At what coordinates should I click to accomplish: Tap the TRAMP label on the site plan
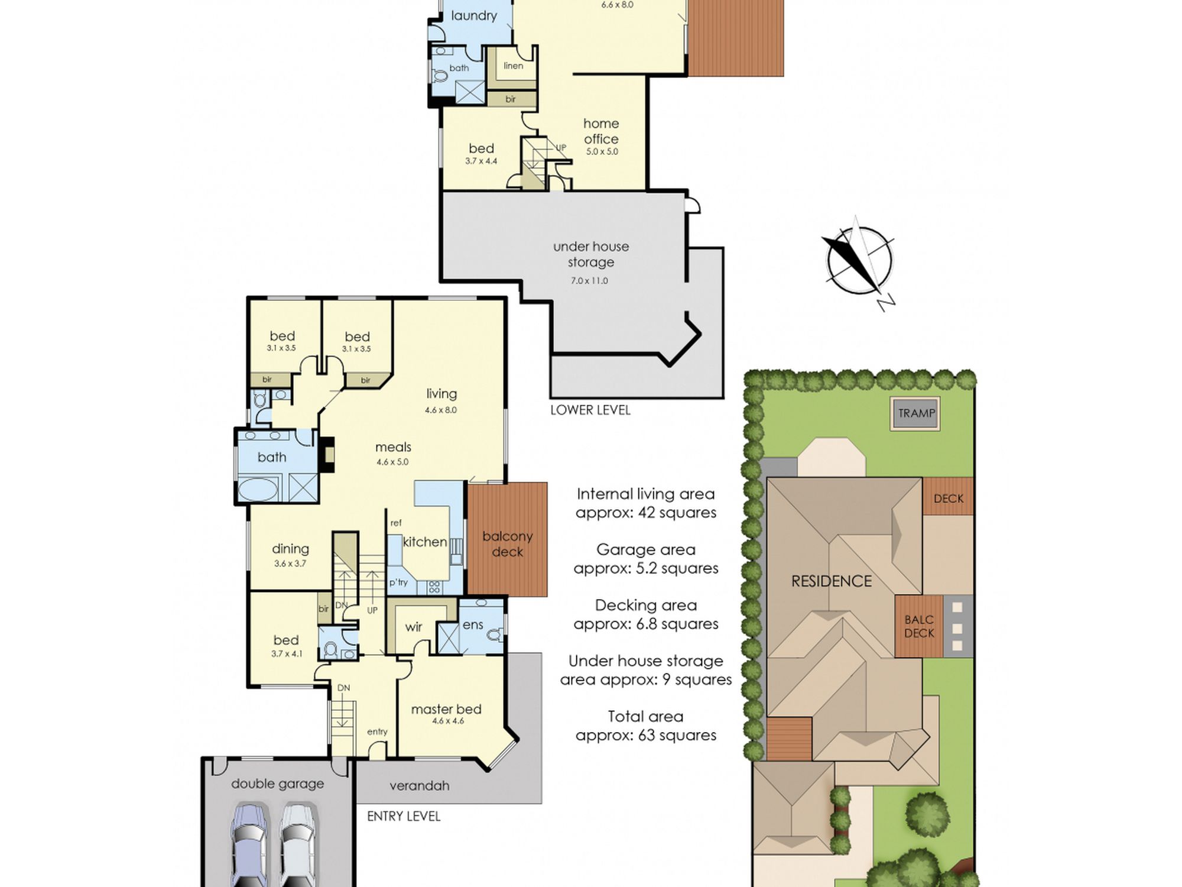pyautogui.click(x=916, y=413)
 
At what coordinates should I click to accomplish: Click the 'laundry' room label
pyautogui.click(x=474, y=16)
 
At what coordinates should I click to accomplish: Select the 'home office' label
pyautogui.click(x=601, y=131)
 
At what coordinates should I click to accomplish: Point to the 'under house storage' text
pyautogui.click(x=591, y=254)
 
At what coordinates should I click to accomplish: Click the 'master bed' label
pyautogui.click(x=446, y=709)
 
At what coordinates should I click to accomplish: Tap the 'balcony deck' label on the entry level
pyautogui.click(x=508, y=544)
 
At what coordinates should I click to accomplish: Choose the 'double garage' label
pyautogui.click(x=278, y=784)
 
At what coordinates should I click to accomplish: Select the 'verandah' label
pyautogui.click(x=420, y=786)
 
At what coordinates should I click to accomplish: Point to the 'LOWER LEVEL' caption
pyautogui.click(x=590, y=410)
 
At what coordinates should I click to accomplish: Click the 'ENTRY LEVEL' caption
pyautogui.click(x=404, y=817)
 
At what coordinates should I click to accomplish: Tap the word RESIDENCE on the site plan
pyautogui.click(x=832, y=581)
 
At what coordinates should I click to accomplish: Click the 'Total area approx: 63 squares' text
pyautogui.click(x=646, y=726)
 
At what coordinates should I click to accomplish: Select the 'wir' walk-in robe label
pyautogui.click(x=414, y=627)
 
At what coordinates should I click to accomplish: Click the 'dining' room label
pyautogui.click(x=290, y=549)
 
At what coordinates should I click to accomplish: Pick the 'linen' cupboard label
pyautogui.click(x=514, y=66)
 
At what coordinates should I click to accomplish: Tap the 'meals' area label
pyautogui.click(x=393, y=448)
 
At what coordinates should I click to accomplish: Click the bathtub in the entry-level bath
pyautogui.click(x=257, y=490)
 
